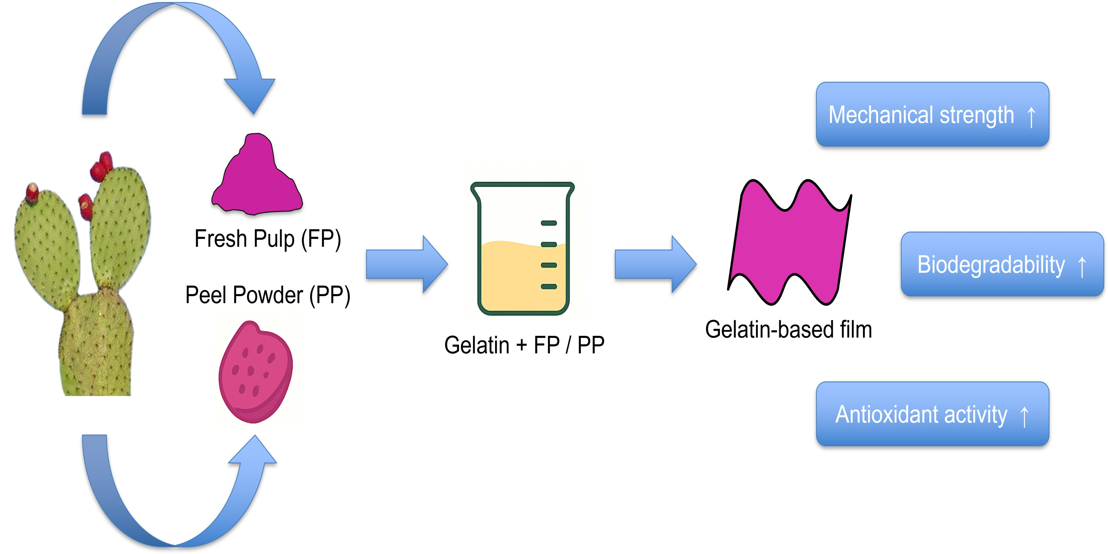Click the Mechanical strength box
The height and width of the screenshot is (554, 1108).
click(x=932, y=114)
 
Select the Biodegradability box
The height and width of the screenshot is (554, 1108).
click(x=1002, y=264)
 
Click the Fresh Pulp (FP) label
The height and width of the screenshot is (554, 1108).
click(x=268, y=239)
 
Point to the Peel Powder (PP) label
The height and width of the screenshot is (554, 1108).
click(x=268, y=295)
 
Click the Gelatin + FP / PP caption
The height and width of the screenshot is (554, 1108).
click(x=524, y=345)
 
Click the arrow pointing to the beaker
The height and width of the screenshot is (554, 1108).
click(x=406, y=264)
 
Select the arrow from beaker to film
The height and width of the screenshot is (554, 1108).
click(x=655, y=264)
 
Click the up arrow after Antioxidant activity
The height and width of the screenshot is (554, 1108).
click(x=1024, y=416)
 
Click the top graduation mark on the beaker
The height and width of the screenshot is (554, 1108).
click(x=549, y=223)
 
